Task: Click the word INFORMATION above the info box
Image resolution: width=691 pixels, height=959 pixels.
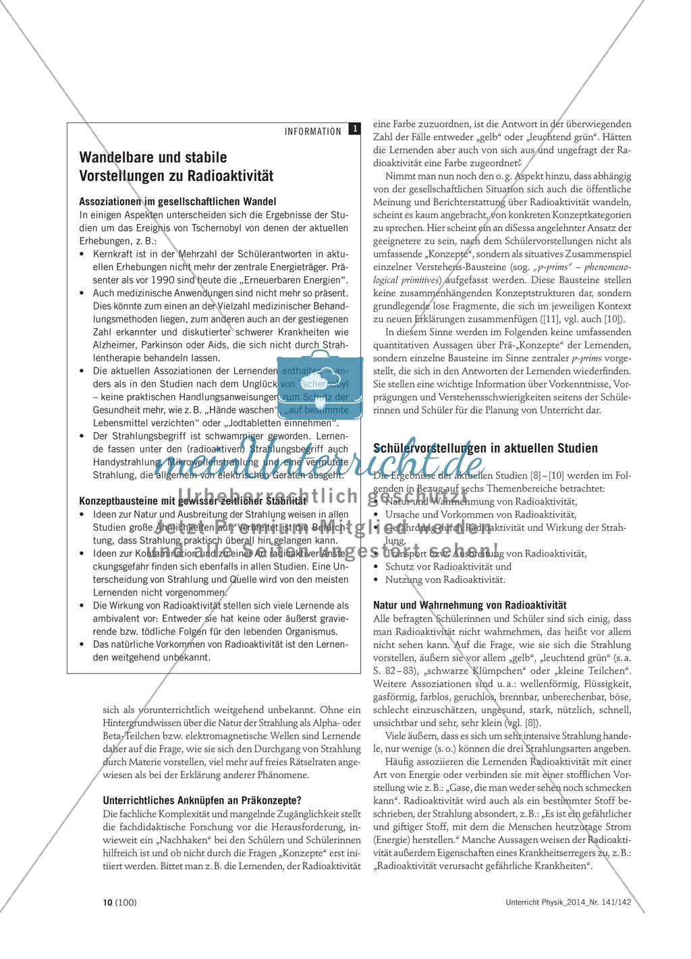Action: point(310,132)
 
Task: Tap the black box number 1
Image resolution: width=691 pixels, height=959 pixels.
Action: point(354,130)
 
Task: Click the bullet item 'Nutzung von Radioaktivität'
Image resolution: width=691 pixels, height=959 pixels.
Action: point(445,579)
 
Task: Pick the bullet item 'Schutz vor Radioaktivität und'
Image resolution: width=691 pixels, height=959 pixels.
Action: point(448,567)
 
